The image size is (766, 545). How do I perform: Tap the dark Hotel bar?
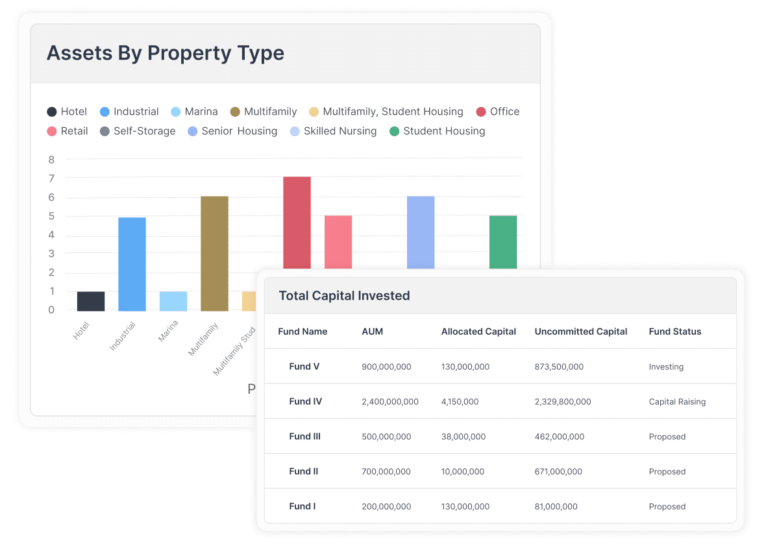point(91,301)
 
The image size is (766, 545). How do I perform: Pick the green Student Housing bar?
point(503,241)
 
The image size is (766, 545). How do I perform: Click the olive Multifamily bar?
point(214,253)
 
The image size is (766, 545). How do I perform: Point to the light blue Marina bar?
point(173,301)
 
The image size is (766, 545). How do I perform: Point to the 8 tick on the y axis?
point(51,160)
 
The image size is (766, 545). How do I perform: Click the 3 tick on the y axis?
point(51,254)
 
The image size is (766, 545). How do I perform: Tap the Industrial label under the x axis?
point(123,336)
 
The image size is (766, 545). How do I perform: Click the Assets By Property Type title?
point(166,53)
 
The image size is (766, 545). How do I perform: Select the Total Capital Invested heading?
point(344,296)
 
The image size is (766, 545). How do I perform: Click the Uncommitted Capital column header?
point(581,332)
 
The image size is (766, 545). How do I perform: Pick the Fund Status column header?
point(675,332)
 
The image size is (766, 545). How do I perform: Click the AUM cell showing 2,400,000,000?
point(390,402)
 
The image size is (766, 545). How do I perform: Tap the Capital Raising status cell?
point(677,402)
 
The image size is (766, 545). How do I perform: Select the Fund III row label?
point(305,437)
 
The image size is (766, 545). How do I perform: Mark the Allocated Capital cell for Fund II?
point(463,472)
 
